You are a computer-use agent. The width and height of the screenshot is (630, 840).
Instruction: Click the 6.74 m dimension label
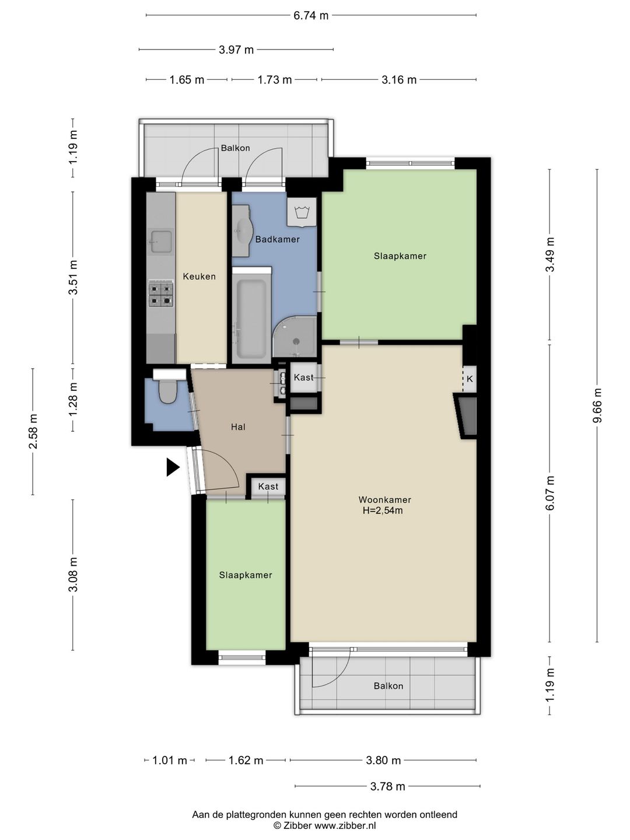click(310, 16)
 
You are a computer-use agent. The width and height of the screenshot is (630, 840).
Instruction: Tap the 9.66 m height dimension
click(597, 405)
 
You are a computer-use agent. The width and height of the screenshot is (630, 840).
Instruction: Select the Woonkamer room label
click(385, 499)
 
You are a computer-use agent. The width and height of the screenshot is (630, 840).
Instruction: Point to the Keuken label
click(199, 276)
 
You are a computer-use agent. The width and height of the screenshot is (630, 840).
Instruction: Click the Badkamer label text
click(277, 239)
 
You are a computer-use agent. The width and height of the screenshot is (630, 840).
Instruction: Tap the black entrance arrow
click(173, 467)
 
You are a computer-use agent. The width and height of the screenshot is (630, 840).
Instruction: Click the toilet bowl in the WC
click(167, 392)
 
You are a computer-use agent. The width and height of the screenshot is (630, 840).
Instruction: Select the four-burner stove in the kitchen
click(160, 294)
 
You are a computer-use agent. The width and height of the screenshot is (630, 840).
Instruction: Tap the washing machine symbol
click(302, 212)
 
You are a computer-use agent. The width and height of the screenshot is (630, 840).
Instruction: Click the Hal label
click(238, 426)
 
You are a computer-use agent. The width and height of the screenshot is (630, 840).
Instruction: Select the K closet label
click(470, 379)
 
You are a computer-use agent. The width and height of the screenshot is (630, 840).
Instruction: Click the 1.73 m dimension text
click(274, 80)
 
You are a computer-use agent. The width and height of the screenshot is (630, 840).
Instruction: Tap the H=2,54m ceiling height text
click(383, 510)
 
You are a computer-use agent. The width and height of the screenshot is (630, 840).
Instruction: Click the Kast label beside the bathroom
click(303, 377)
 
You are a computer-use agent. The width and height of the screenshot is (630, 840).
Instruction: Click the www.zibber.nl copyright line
click(324, 826)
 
